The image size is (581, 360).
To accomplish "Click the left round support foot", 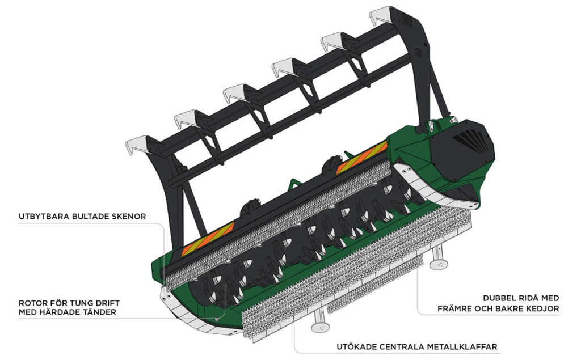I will point(321,327).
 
